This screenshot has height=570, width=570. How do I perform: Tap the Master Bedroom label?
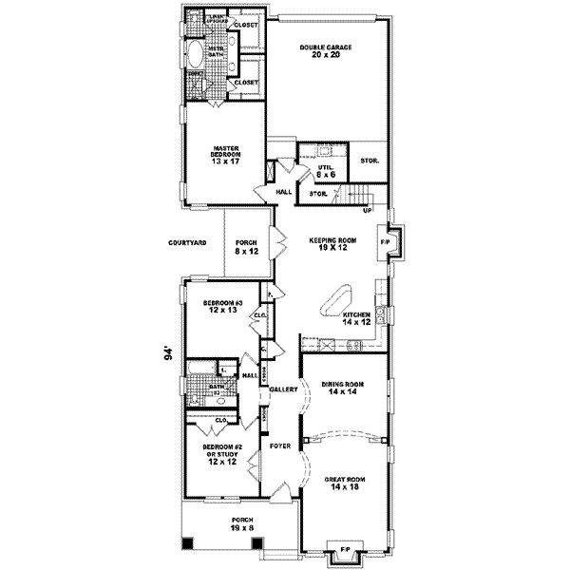pyautogui.click(x=226, y=155)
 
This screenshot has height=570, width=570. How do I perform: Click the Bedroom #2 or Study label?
pyautogui.click(x=222, y=456)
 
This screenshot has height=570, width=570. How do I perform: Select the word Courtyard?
pyautogui.click(x=187, y=244)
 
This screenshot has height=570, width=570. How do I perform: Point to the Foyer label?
pyautogui.click(x=279, y=445)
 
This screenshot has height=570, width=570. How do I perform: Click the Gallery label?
pyautogui.click(x=283, y=389)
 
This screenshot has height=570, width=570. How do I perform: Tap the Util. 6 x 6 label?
pyautogui.click(x=326, y=170)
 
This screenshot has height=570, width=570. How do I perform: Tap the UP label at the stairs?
pyautogui.click(x=367, y=210)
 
